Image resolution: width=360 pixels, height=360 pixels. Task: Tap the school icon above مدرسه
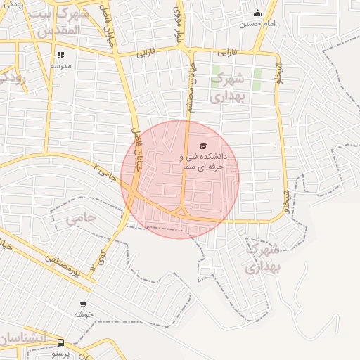pos(61,54)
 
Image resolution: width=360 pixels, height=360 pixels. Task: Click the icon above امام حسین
pos(257,13)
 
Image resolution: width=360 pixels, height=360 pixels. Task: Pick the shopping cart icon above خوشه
pos(84,305)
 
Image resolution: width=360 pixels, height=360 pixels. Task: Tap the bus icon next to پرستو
pos(60,343)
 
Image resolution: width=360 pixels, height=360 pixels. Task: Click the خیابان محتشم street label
pos(189,82)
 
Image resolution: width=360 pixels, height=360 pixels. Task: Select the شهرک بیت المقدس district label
pos(60,22)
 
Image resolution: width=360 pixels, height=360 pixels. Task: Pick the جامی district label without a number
pos(80,219)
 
